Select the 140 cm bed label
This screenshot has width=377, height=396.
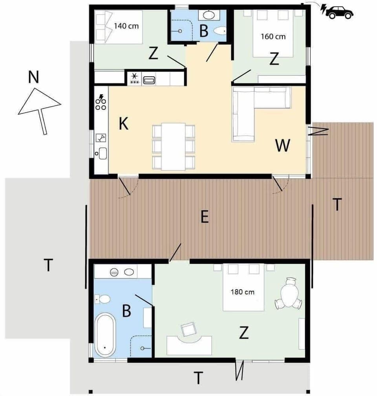click(127, 26)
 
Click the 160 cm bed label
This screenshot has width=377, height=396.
click(273, 37)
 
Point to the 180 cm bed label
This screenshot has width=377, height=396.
click(242, 292)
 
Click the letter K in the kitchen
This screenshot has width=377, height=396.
click(123, 124)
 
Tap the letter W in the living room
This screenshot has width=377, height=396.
click(283, 146)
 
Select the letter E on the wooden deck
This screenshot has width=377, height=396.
click(204, 217)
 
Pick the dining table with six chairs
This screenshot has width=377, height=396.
click(173, 146)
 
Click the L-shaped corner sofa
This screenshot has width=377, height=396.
click(255, 110)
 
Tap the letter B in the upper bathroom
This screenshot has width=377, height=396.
click(203, 31)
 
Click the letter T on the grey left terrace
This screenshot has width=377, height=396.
click(48, 265)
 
